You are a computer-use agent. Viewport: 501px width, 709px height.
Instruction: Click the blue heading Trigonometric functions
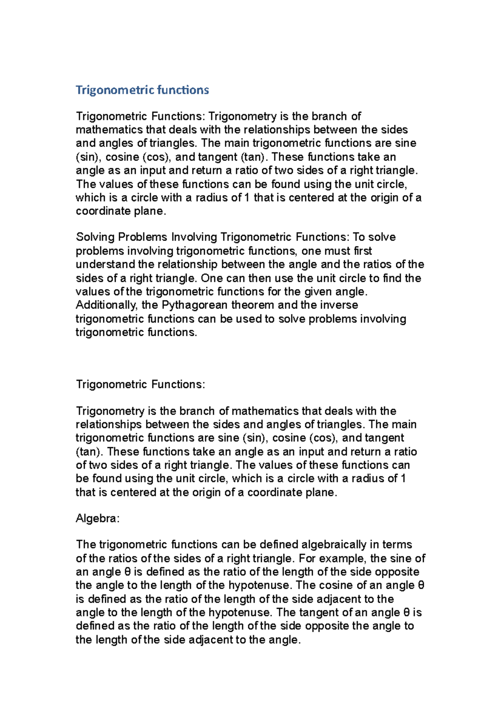tap(142, 90)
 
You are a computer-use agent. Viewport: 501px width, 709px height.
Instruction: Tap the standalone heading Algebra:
tap(98, 519)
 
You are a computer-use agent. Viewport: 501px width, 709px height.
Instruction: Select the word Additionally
tap(106, 305)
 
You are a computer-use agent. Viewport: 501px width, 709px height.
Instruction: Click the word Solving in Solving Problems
tap(95, 237)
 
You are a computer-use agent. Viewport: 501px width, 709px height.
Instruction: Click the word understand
tap(105, 265)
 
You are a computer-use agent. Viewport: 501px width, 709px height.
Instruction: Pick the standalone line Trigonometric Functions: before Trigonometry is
tap(140, 385)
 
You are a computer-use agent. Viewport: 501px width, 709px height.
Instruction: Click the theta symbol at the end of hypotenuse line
tap(421, 585)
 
